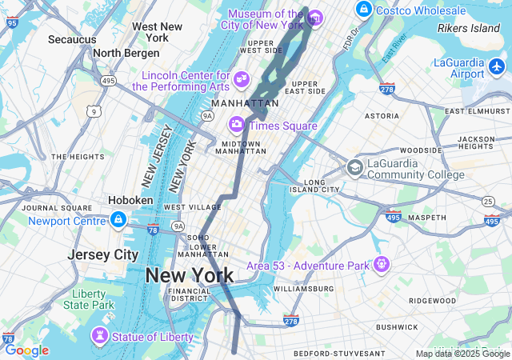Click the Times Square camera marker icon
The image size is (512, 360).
pyautogui.click(x=237, y=125)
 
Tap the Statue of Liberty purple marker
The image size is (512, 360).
pyautogui.click(x=102, y=335)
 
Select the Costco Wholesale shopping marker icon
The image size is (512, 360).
pyautogui.click(x=364, y=10)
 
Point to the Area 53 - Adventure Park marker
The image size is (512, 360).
pyautogui.click(x=382, y=263)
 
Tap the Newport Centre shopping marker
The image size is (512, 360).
pyautogui.click(x=118, y=219)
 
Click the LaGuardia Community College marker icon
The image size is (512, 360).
pyautogui.click(x=354, y=168)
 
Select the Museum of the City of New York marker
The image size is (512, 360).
pyautogui.click(x=314, y=18)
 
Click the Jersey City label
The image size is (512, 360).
pyautogui.click(x=103, y=254)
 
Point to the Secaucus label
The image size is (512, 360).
pyautogui.click(x=72, y=38)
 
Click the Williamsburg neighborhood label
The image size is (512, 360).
pyautogui.click(x=303, y=288)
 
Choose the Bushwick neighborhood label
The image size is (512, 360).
pyautogui.click(x=397, y=326)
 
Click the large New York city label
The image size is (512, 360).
pyautogui.click(x=190, y=276)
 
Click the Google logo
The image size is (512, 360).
pyautogui.click(x=26, y=350)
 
